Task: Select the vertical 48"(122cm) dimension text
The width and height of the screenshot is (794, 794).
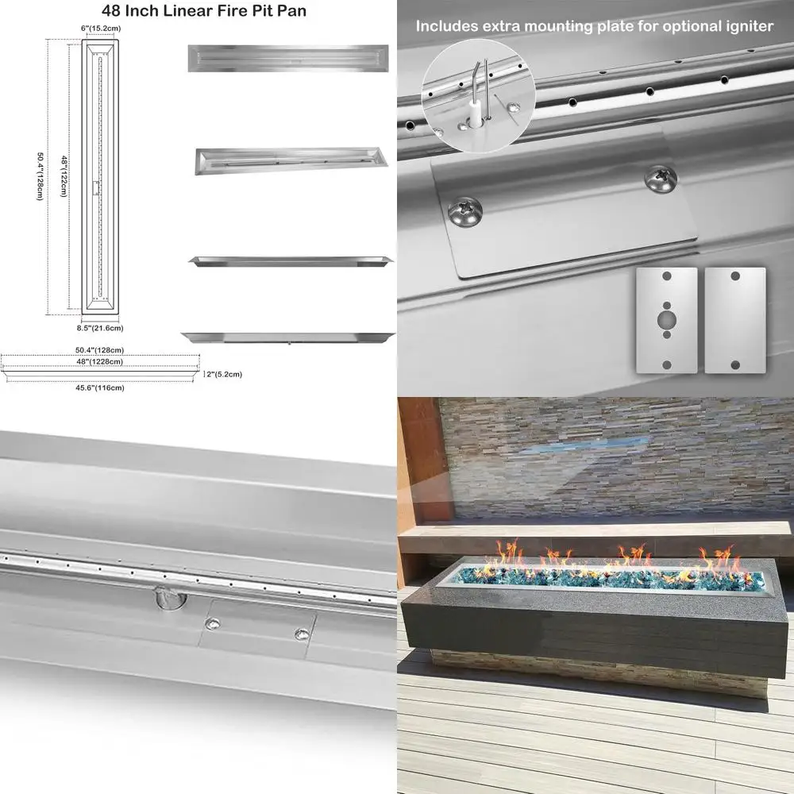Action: pos(64,172)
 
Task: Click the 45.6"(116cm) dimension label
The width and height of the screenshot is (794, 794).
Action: pos(99,388)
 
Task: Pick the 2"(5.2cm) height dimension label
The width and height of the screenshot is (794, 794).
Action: pos(225,373)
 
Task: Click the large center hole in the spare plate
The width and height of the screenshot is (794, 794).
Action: pos(666,318)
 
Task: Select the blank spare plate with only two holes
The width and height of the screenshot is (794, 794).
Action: pos(735,318)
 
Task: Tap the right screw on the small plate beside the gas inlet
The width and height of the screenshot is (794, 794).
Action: pos(302,634)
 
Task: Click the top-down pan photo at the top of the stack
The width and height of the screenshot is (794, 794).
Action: pos(287,59)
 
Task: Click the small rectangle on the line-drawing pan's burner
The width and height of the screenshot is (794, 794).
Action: pos(96,187)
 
